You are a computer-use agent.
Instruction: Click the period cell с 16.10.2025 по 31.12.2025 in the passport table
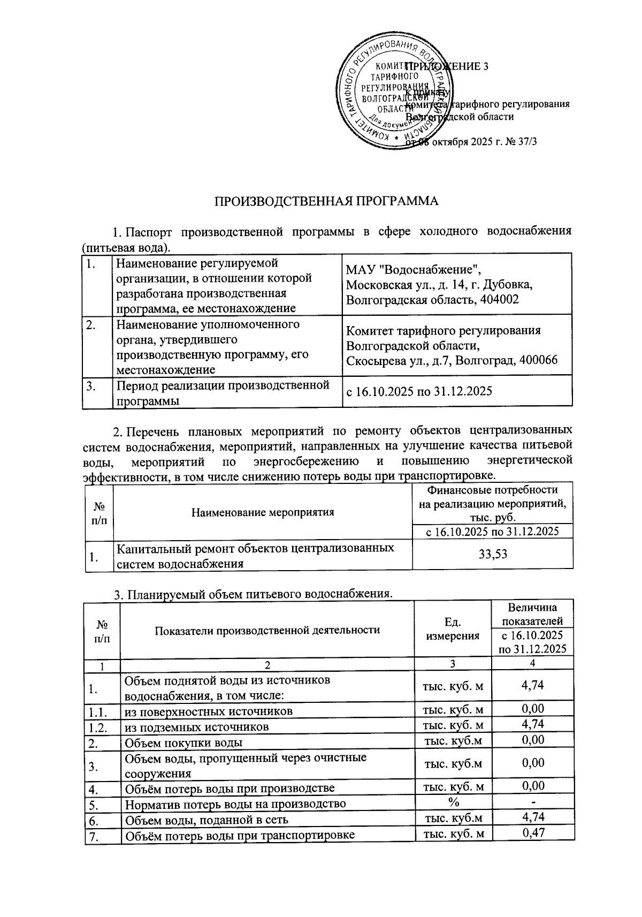pos(419,391)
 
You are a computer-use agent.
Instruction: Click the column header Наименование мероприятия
pos(263,512)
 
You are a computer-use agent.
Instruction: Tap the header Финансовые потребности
pos(492,490)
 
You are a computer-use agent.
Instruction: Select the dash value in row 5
pos(533,802)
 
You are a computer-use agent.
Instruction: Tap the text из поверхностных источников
pos(209,711)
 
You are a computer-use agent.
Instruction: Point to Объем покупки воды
pos(184,742)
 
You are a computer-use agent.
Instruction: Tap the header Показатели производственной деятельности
pos(267,630)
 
